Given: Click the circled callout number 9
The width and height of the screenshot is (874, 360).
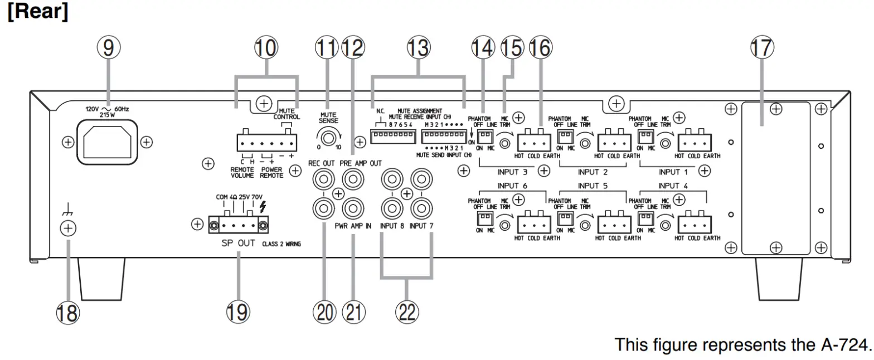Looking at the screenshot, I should pyautogui.click(x=108, y=48).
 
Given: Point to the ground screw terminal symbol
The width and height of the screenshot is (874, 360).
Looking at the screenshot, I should pyautogui.click(x=67, y=227).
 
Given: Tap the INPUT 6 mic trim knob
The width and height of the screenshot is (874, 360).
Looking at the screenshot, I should pyautogui.click(x=504, y=226).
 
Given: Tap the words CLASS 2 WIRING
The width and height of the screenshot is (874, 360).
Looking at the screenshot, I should pyautogui.click(x=281, y=245).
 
